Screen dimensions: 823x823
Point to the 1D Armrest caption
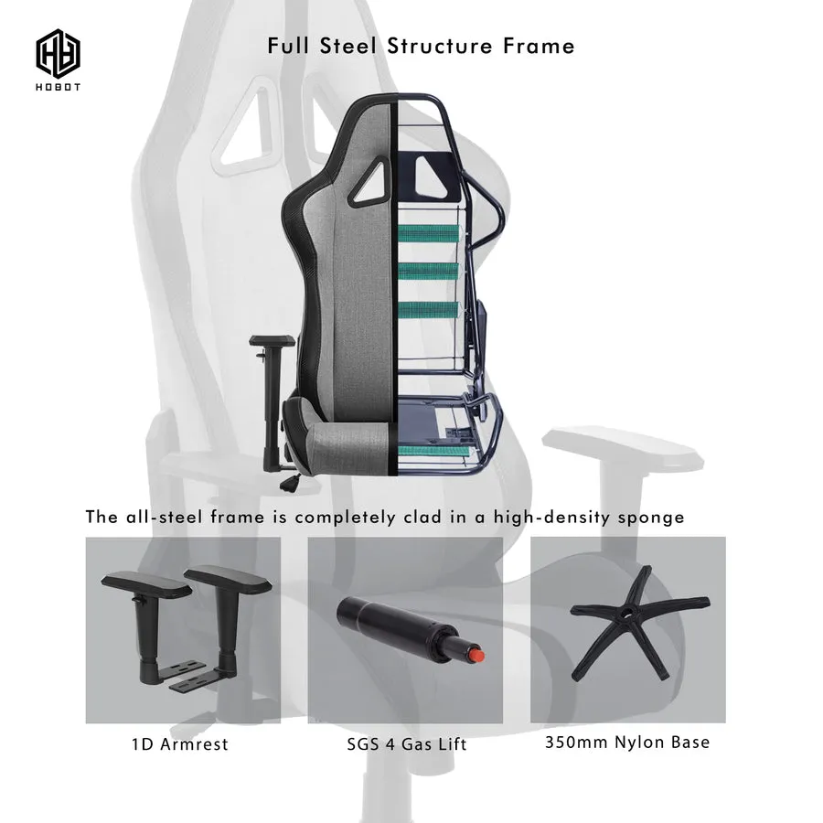coord(180,743)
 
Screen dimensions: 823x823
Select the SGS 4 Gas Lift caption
coord(406,743)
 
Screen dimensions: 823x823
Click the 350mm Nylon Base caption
coord(627,742)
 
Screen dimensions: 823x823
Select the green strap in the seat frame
coord(429,451)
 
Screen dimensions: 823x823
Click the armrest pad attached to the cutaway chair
coord(273,341)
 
